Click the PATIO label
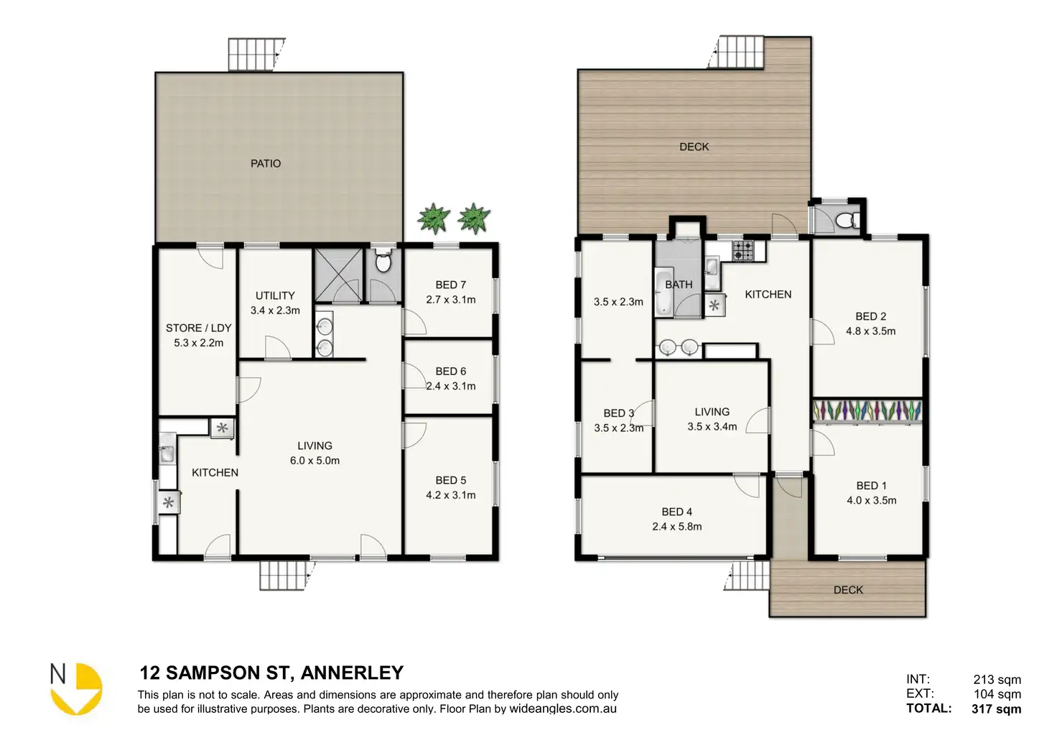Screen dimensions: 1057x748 (266, 163)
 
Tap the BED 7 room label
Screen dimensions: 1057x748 (451, 285)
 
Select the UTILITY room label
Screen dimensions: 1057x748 (275, 295)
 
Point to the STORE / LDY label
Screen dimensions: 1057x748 (199, 328)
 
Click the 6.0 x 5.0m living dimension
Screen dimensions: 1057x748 (315, 461)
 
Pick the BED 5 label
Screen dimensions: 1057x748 (451, 480)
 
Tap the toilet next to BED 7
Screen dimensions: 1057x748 (383, 261)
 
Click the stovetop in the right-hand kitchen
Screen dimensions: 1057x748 (743, 250)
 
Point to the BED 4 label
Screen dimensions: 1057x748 (677, 512)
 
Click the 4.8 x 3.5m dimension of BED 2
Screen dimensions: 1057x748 (870, 331)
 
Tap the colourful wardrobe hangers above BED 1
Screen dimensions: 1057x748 (867, 410)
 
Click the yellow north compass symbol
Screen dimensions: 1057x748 (76, 689)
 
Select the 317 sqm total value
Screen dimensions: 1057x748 (996, 708)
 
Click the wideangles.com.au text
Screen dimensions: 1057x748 (563, 708)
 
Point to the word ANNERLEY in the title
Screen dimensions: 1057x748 (352, 673)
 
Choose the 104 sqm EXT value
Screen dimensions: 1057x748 (997, 694)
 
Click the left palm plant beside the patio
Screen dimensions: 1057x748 (433, 218)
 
